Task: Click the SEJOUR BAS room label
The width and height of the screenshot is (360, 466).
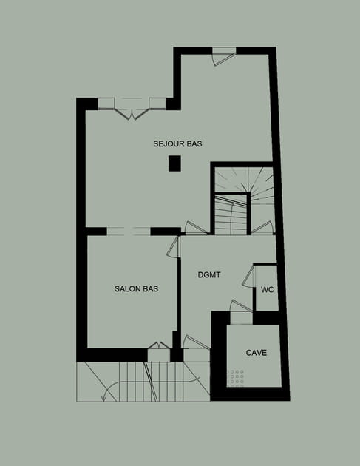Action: [177, 143]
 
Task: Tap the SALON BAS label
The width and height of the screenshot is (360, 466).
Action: [136, 289]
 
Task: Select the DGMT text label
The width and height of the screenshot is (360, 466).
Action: [209, 275]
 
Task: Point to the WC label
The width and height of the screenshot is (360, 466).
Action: [268, 290]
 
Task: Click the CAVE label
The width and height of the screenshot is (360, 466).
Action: [257, 353]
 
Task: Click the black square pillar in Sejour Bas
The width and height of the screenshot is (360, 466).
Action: [174, 163]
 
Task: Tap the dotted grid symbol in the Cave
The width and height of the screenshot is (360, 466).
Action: [236, 378]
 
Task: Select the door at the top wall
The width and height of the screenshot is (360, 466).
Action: [223, 56]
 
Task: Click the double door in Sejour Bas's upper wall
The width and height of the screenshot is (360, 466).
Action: [132, 109]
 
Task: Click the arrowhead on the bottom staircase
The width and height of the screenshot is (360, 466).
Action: [104, 398]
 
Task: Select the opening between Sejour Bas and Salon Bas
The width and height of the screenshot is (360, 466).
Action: [129, 232]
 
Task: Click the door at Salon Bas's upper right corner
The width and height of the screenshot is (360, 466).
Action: [174, 247]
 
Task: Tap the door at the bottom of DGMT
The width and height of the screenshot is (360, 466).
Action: [197, 342]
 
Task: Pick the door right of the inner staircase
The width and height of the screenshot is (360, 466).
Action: [262, 228]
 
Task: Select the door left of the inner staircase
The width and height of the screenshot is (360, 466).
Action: [196, 229]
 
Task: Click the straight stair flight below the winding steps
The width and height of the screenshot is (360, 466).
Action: [231, 215]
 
